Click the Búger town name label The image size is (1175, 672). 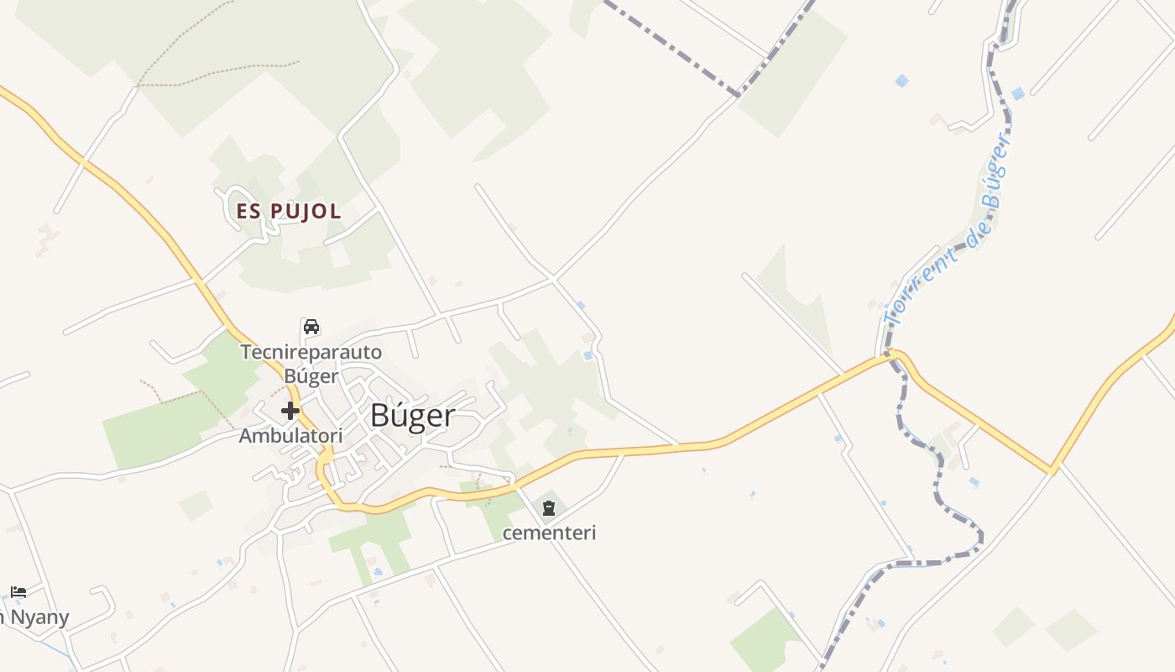(x=414, y=416)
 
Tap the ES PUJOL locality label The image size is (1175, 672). (x=289, y=212)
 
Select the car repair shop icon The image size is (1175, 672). (x=311, y=326)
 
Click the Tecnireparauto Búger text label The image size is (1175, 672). (x=311, y=364)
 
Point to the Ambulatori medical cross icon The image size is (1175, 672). (x=290, y=411)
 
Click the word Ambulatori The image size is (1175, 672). (x=291, y=436)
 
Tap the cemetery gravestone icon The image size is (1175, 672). (x=549, y=507)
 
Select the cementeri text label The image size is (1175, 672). (x=549, y=533)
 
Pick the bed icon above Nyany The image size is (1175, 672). (x=18, y=591)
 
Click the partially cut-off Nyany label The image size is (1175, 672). (x=35, y=618)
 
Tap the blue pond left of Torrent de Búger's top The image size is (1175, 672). (x=901, y=81)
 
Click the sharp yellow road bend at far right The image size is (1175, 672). (x=1052, y=470)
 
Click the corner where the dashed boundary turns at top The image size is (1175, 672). (x=739, y=94)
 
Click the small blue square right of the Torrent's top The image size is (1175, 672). (x=1018, y=93)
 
